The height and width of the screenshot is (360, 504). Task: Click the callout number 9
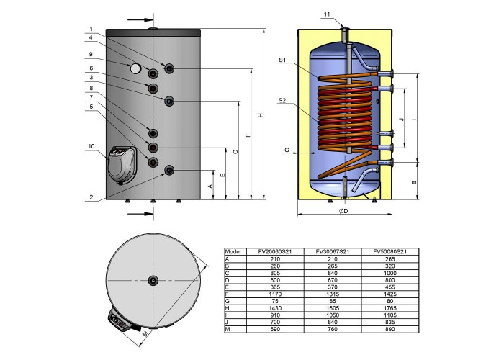(91, 54)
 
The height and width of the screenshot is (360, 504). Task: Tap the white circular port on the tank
(135, 68)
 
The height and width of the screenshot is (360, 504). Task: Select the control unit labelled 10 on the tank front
(122, 165)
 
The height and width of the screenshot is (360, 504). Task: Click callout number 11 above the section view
(327, 14)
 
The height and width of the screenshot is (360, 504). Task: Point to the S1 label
(282, 60)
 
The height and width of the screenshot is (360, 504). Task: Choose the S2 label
(282, 101)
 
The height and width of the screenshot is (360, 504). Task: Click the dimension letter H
(261, 114)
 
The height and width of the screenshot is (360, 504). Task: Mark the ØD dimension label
(343, 211)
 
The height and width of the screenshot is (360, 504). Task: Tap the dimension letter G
(287, 150)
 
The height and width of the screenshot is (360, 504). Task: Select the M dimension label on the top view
(145, 334)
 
